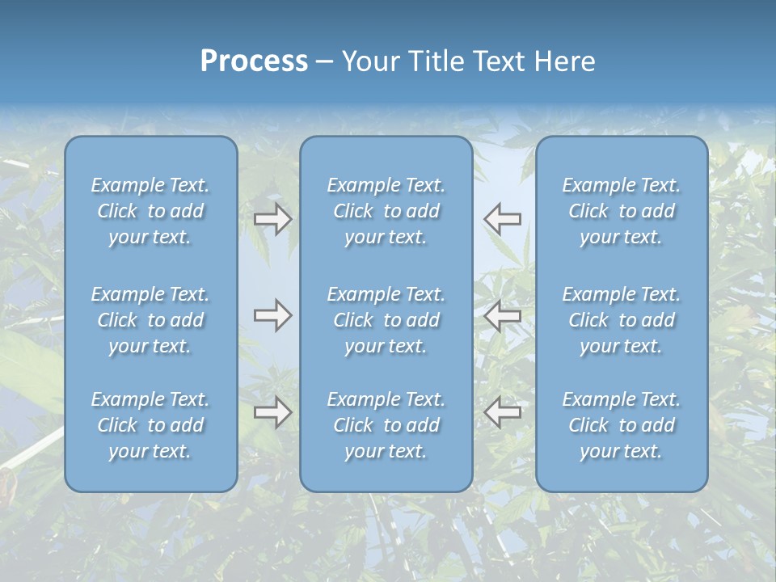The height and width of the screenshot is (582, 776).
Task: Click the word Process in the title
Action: pos(254,61)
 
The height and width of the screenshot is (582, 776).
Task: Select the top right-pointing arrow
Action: pos(273,219)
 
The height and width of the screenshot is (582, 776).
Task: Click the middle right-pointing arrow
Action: pos(273,315)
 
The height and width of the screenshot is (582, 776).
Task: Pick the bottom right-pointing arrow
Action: pos(273,412)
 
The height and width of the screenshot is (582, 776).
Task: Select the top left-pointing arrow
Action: pos(503,218)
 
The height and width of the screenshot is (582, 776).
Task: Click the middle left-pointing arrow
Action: pos(503,315)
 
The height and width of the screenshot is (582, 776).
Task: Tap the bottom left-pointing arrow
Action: pos(503,412)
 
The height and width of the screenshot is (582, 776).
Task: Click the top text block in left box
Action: pos(150,211)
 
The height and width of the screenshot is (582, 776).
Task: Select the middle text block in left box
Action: pos(150,320)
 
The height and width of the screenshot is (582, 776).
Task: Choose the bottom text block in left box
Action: pos(150,425)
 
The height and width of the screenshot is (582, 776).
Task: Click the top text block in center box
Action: pos(386,211)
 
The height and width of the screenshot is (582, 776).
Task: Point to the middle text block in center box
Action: pos(386,320)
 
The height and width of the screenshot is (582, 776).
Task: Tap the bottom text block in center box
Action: pos(386,425)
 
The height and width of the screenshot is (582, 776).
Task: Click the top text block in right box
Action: pos(622,211)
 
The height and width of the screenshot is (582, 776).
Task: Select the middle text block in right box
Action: pos(622,320)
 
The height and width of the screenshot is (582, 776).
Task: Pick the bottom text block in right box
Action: pos(622,425)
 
